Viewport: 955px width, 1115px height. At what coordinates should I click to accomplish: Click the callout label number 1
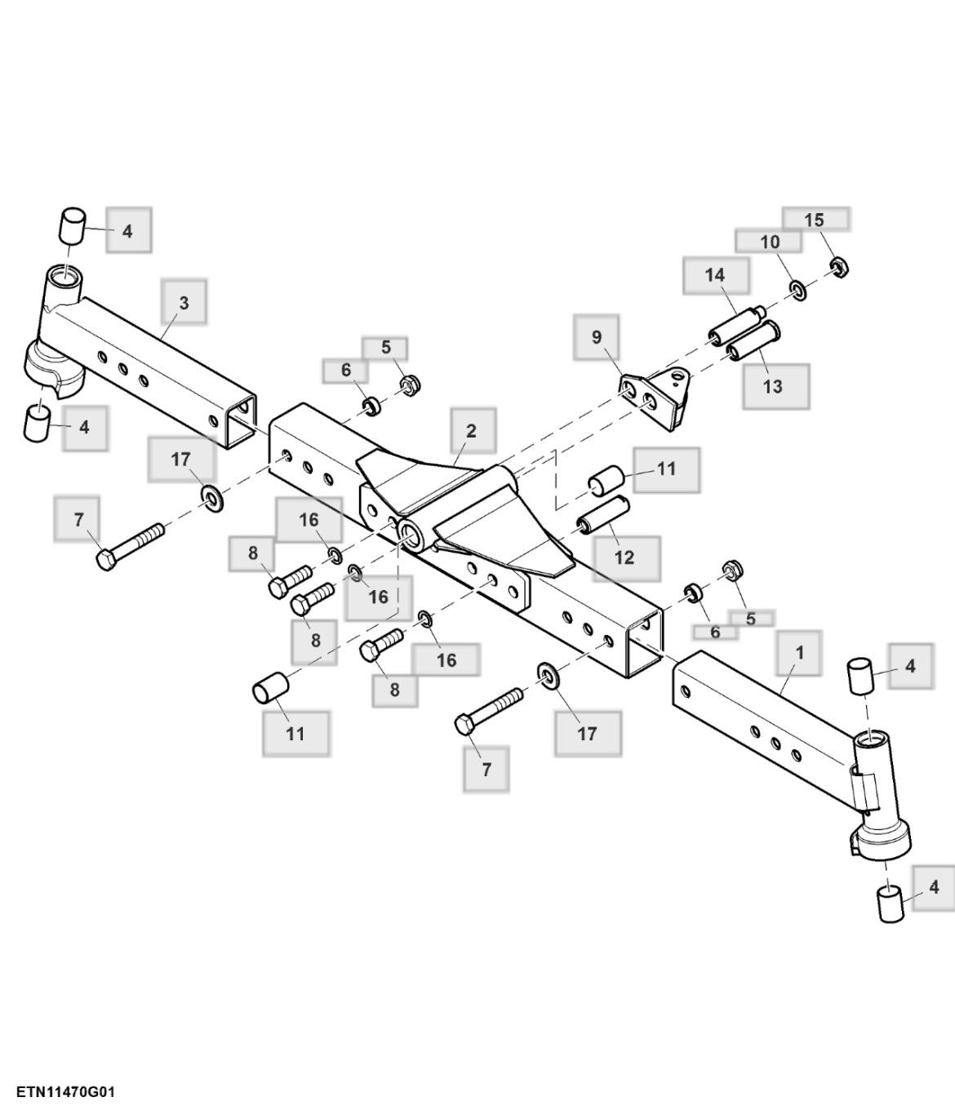[x=799, y=652]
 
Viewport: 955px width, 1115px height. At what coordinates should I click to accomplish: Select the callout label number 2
[x=472, y=430]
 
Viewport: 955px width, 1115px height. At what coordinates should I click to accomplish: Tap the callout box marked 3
[x=184, y=302]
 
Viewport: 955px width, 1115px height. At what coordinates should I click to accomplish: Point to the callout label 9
[x=597, y=336]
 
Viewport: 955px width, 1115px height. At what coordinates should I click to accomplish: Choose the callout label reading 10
[x=769, y=242]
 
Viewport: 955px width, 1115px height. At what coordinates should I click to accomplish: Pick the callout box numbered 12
[x=624, y=557]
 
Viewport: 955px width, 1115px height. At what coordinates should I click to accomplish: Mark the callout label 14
[x=715, y=276]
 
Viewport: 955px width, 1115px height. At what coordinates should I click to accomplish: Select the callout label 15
[x=815, y=220]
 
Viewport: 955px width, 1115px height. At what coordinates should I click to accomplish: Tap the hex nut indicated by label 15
[x=837, y=266]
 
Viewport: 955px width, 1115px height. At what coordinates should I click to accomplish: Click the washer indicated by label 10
[x=797, y=288]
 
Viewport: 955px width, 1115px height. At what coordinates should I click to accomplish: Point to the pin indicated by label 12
[x=602, y=513]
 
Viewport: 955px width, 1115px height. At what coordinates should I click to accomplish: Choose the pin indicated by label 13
[x=755, y=341]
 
